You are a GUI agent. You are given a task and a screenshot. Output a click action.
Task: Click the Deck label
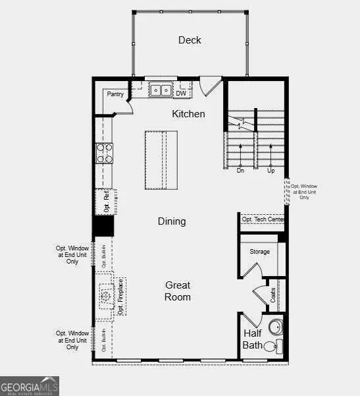pyautogui.click(x=190, y=40)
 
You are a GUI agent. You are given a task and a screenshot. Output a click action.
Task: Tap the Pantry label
pyautogui.click(x=115, y=94)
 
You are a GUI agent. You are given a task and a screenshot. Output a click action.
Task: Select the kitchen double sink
pyautogui.click(x=159, y=90)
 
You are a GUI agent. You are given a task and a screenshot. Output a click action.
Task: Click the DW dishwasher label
pyautogui.click(x=181, y=94)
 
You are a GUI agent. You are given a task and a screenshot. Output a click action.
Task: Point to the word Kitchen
pyautogui.click(x=188, y=114)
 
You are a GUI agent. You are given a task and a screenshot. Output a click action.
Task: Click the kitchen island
pyautogui.click(x=161, y=160)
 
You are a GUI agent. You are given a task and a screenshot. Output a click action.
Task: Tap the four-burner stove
pyautogui.click(x=105, y=153)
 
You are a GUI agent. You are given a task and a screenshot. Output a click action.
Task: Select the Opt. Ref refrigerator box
pyautogui.click(x=106, y=201)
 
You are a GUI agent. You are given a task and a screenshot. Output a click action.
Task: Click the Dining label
pyautogui.click(x=172, y=221)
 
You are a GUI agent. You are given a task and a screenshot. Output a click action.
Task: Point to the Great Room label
pyautogui.click(x=178, y=291)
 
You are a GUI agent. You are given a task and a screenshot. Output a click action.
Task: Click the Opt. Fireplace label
pyautogui.click(x=121, y=297)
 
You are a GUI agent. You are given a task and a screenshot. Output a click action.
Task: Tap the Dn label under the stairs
pyautogui.click(x=241, y=171)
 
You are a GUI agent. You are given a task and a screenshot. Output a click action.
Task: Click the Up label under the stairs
pyautogui.click(x=270, y=171)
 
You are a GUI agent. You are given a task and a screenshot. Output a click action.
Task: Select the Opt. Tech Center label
pyautogui.click(x=263, y=219)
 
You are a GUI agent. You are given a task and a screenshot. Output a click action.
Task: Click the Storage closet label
pyautogui.click(x=259, y=252)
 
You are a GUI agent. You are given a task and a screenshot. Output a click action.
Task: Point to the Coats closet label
pyautogui.click(x=272, y=295)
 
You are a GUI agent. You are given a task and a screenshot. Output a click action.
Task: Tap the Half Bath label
pyautogui.click(x=253, y=339)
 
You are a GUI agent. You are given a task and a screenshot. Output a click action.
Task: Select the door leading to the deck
pyautogui.click(x=211, y=86)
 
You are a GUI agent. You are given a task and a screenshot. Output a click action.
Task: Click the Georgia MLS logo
pyautogui.click(x=30, y=385)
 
